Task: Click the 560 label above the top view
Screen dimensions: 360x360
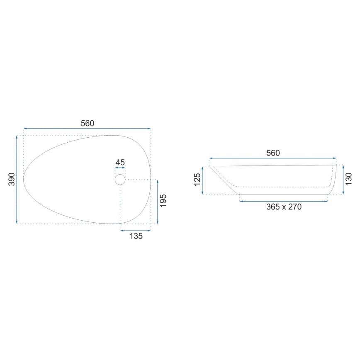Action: tap(88, 123)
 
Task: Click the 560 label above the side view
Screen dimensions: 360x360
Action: tap(273, 153)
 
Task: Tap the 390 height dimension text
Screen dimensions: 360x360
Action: tap(11, 179)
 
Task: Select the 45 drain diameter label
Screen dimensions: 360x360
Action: tap(120, 163)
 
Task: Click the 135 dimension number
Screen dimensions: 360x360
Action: tap(136, 236)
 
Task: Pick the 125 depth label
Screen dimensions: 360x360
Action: tap(197, 180)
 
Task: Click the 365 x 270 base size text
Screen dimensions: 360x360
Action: tap(284, 207)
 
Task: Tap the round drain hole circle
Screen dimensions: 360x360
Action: tap(120, 180)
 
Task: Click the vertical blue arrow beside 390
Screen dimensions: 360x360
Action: tap(17, 179)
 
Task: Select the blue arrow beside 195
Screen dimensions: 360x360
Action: tap(157, 201)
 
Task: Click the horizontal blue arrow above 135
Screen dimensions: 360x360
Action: tap(135, 230)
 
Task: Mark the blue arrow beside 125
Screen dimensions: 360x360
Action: tap(202, 180)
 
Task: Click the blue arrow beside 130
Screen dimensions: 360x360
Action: tap(343, 180)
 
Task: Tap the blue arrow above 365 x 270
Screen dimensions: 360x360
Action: tap(284, 201)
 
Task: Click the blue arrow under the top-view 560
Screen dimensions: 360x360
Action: tap(87, 129)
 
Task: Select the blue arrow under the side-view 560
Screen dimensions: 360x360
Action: tap(272, 158)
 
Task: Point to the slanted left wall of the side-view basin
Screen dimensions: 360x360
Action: tap(224, 180)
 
